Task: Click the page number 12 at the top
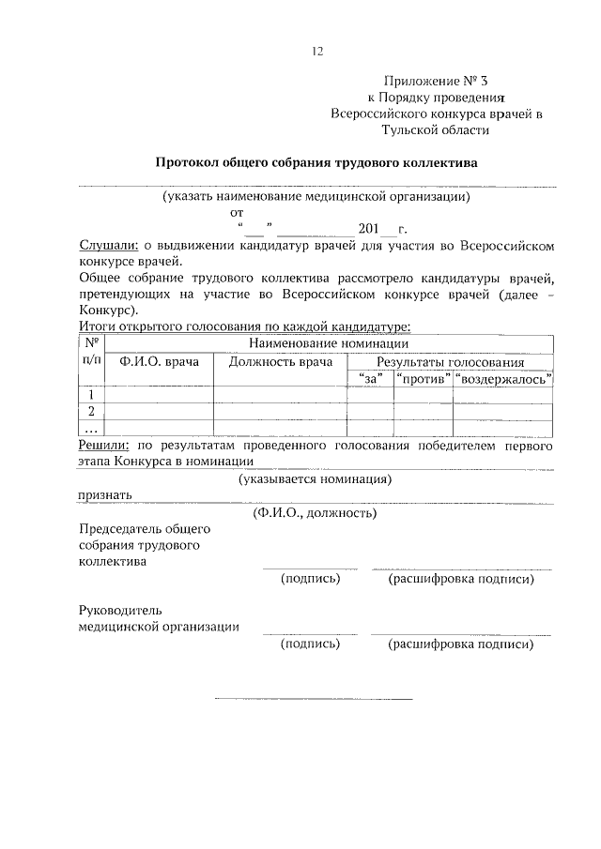click(x=317, y=53)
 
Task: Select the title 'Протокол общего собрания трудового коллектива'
click(x=316, y=162)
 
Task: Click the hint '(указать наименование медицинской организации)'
click(x=316, y=197)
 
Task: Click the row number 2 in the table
click(x=91, y=411)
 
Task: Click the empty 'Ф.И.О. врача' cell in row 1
click(x=160, y=395)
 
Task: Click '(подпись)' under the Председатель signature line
click(x=310, y=579)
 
